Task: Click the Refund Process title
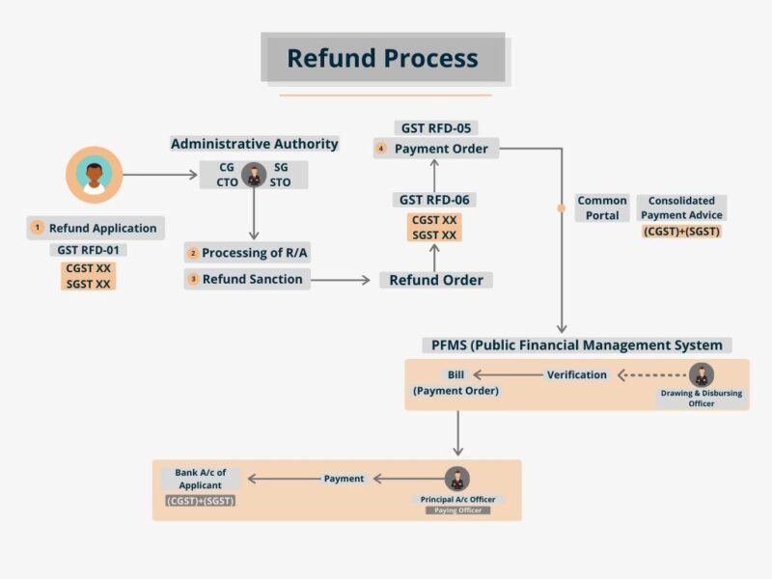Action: pyautogui.click(x=383, y=58)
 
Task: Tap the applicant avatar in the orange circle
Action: pyautogui.click(x=94, y=175)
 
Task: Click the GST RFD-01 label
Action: pyautogui.click(x=91, y=250)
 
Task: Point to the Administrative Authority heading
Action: pyautogui.click(x=255, y=144)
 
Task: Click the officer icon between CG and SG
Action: pyautogui.click(x=255, y=175)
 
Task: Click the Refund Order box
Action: pyautogui.click(x=435, y=280)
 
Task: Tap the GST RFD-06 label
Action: pyautogui.click(x=437, y=200)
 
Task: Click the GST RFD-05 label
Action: pyautogui.click(x=437, y=127)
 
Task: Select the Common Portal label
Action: pyautogui.click(x=602, y=207)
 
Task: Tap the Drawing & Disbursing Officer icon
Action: pyautogui.click(x=702, y=374)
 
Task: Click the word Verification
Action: pyautogui.click(x=577, y=374)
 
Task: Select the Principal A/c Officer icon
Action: pyautogui.click(x=457, y=478)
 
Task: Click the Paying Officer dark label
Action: pyautogui.click(x=457, y=510)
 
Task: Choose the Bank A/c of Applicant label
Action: pyautogui.click(x=200, y=479)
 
